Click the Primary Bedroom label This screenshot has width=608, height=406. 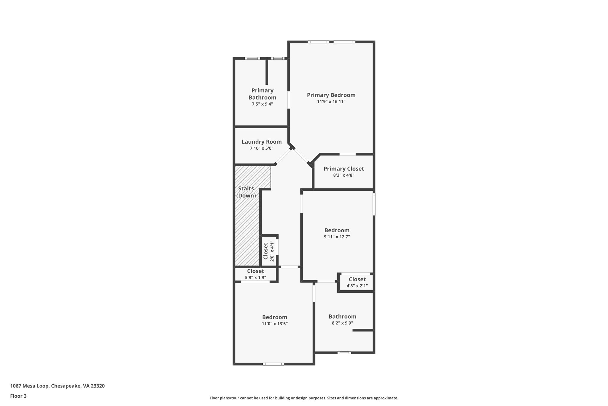pyautogui.click(x=331, y=95)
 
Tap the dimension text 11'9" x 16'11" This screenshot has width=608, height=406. pyautogui.click(x=331, y=102)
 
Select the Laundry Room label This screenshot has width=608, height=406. pyautogui.click(x=262, y=142)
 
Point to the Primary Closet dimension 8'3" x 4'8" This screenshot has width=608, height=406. pyautogui.click(x=343, y=175)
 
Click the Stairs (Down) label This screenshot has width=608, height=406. pyautogui.click(x=246, y=192)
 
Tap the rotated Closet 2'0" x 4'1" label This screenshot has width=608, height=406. pyautogui.click(x=268, y=251)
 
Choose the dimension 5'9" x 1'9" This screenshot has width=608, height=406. pyautogui.click(x=255, y=278)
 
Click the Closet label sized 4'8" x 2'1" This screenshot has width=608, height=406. pyautogui.click(x=357, y=280)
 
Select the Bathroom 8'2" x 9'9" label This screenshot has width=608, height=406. pyautogui.click(x=342, y=317)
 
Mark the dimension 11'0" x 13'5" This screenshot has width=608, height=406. pyautogui.click(x=275, y=324)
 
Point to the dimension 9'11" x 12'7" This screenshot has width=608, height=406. pyautogui.click(x=337, y=237)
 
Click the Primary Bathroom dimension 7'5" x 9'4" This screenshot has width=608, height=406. pyautogui.click(x=262, y=104)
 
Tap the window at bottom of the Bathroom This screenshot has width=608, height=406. pyautogui.click(x=344, y=353)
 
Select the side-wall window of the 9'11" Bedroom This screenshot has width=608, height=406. pyautogui.click(x=374, y=204)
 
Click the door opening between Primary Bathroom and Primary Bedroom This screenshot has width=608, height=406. pyautogui.click(x=289, y=100)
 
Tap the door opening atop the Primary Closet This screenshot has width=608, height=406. pyautogui.click(x=347, y=154)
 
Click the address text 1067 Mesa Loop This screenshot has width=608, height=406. pyautogui.click(x=57, y=386)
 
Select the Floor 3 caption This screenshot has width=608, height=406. pyautogui.click(x=18, y=396)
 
